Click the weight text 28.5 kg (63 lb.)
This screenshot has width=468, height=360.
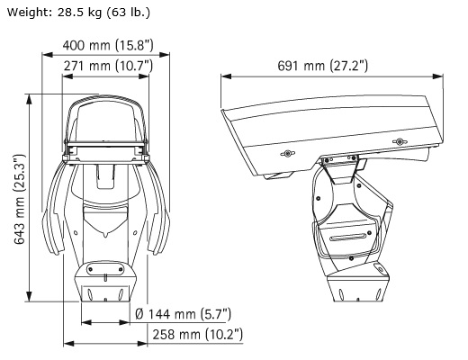tap(103, 13)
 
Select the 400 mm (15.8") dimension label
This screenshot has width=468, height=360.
tap(108, 46)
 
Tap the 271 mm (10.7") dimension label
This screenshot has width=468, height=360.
tap(108, 66)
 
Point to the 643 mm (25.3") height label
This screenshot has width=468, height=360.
tap(20, 199)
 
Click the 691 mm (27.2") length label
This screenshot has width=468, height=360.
tap(322, 66)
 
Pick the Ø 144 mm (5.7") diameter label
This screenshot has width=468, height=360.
tap(183, 314)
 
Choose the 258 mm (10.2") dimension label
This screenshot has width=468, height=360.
tap(198, 334)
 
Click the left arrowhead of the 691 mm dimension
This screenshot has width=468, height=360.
tap(226, 76)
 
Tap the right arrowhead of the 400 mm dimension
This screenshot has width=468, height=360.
tap(165, 55)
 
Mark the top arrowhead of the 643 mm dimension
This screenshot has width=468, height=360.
tap(29, 99)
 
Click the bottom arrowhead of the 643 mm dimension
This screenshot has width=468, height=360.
tap(29, 296)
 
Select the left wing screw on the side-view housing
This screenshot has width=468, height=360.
tap(287, 154)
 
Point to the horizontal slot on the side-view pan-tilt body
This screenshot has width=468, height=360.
tap(347, 238)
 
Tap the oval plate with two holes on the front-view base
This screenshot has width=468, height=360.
tap(105, 269)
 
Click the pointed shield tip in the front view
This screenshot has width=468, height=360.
tap(105, 235)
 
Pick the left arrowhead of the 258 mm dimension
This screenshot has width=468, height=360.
tap(68, 344)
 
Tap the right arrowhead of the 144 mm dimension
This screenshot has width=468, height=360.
tap(124, 323)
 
